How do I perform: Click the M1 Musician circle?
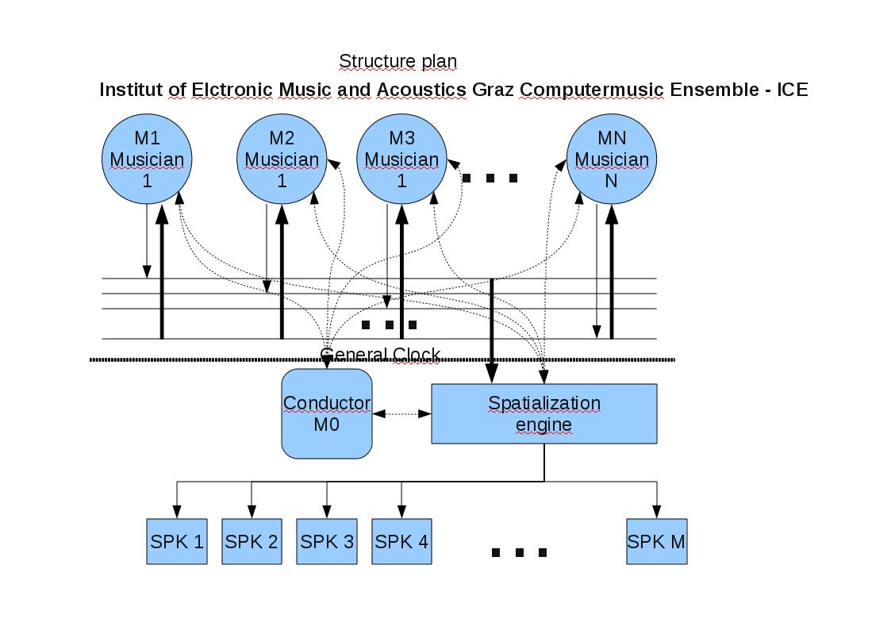click(x=147, y=159)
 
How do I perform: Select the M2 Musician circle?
click(x=282, y=159)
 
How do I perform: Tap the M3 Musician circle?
click(x=401, y=159)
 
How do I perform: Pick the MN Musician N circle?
click(x=611, y=159)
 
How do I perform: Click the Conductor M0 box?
click(x=327, y=413)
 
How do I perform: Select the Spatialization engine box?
click(x=543, y=413)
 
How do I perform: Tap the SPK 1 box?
click(x=177, y=542)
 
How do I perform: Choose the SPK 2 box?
click(x=252, y=542)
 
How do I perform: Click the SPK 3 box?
click(x=327, y=542)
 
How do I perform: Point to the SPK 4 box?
click(x=401, y=542)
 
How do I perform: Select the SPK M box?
click(x=656, y=542)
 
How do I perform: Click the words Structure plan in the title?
click(x=397, y=61)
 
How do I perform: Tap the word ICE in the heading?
click(x=792, y=90)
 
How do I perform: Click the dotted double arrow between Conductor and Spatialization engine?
click(x=401, y=413)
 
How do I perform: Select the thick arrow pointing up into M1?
click(x=162, y=270)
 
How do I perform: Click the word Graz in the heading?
click(x=494, y=90)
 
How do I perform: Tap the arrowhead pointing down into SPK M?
click(x=656, y=511)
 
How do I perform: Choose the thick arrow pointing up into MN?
click(x=612, y=270)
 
